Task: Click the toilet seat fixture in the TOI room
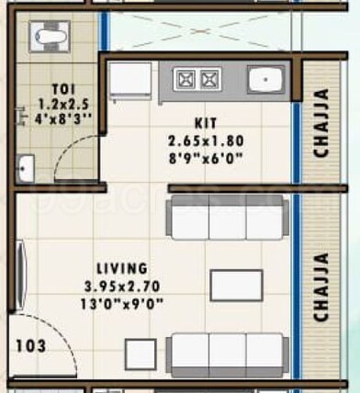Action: (x=47, y=38)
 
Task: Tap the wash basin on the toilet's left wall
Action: (x=25, y=168)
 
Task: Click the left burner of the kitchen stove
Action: (x=185, y=79)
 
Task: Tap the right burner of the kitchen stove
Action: (x=208, y=79)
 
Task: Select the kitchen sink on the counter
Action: (x=264, y=80)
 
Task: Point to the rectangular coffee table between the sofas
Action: (x=236, y=286)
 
